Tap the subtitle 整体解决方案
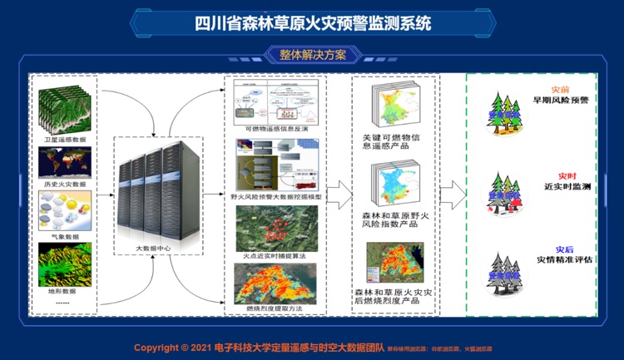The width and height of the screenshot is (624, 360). click(x=311, y=55)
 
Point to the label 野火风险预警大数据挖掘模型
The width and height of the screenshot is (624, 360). click(x=277, y=200)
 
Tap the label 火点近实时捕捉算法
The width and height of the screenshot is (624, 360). click(x=277, y=256)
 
